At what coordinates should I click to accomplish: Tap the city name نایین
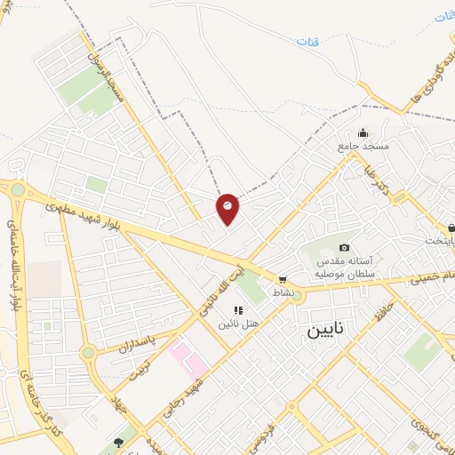[x=330, y=331]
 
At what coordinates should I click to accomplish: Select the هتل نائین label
[x=239, y=323]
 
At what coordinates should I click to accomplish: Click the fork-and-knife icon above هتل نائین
[x=237, y=309]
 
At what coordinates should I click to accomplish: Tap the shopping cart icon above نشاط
[x=283, y=279]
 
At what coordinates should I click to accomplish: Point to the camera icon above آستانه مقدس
[x=345, y=247]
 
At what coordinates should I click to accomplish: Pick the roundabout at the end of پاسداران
[x=88, y=353]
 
